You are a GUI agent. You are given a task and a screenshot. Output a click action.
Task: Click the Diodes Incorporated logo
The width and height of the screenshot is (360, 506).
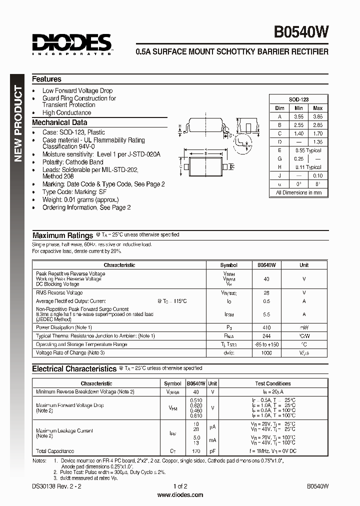(71, 44)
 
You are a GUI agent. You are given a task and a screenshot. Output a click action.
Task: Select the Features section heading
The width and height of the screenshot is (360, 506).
(46, 79)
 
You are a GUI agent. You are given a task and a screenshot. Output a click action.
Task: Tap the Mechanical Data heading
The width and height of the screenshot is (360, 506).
(59, 122)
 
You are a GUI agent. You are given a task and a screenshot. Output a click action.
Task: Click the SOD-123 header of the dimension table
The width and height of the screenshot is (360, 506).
(298, 99)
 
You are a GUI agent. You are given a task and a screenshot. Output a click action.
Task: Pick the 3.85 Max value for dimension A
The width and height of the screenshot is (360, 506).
(317, 116)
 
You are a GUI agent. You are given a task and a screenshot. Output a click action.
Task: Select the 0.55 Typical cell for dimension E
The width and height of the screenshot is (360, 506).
(308, 150)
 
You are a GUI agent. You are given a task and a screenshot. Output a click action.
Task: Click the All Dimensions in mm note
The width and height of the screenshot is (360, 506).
(298, 192)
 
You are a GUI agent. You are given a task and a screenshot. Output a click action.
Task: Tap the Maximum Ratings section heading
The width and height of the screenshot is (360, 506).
(62, 235)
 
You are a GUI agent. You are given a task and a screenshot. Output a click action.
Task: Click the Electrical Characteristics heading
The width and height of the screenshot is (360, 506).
(74, 369)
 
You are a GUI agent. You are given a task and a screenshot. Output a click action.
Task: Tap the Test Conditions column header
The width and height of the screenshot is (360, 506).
(272, 383)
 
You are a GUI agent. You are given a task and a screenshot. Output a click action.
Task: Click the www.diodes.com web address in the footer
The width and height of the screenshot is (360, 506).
(180, 495)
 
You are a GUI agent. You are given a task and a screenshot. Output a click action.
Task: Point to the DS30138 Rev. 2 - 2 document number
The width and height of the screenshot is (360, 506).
(55, 486)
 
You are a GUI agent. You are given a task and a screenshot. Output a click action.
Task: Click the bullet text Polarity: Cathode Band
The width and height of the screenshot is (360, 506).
(72, 162)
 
